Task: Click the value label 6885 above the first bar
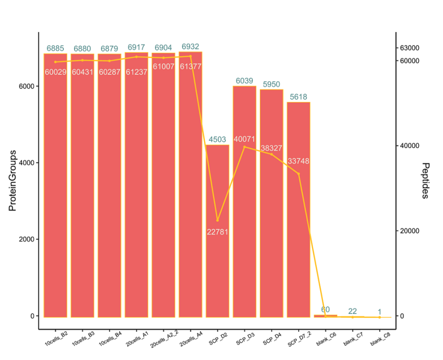click(55, 49)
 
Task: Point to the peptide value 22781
click(217, 232)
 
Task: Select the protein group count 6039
click(245, 81)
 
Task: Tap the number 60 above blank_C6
click(325, 309)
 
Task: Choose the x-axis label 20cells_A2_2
click(163, 340)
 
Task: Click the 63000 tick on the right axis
click(409, 48)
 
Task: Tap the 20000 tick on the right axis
click(409, 231)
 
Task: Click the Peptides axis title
click(426, 181)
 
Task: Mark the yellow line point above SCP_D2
click(217, 220)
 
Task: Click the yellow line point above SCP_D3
click(245, 147)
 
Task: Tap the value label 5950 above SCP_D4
click(272, 84)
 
